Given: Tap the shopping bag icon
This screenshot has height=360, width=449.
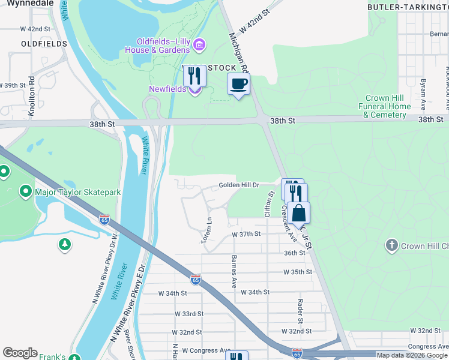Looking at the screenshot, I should pyautogui.click(x=298, y=214).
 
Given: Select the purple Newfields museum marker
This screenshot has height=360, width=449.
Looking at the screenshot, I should pyautogui.click(x=194, y=90).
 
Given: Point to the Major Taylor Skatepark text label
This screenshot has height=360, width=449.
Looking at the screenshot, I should pyautogui.click(x=78, y=192).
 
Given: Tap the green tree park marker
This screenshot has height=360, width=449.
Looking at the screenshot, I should pyautogui.click(x=64, y=245).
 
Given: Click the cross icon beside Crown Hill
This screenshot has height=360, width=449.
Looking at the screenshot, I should pyautogui.click(x=391, y=245).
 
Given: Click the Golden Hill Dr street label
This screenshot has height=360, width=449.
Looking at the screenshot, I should pyautogui.click(x=238, y=185).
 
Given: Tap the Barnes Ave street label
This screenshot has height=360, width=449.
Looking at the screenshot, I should pyautogui.click(x=233, y=271).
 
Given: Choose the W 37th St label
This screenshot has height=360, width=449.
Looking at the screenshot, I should pyautogui.click(x=246, y=234).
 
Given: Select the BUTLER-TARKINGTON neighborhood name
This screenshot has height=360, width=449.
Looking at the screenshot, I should pyautogui.click(x=408, y=7).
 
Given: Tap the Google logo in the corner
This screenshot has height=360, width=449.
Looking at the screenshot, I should pyautogui.click(x=20, y=353).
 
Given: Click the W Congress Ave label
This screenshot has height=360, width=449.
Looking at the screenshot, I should pyautogui.click(x=206, y=350).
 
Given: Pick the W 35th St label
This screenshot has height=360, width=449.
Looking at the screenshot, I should pyautogui.click(x=298, y=272).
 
